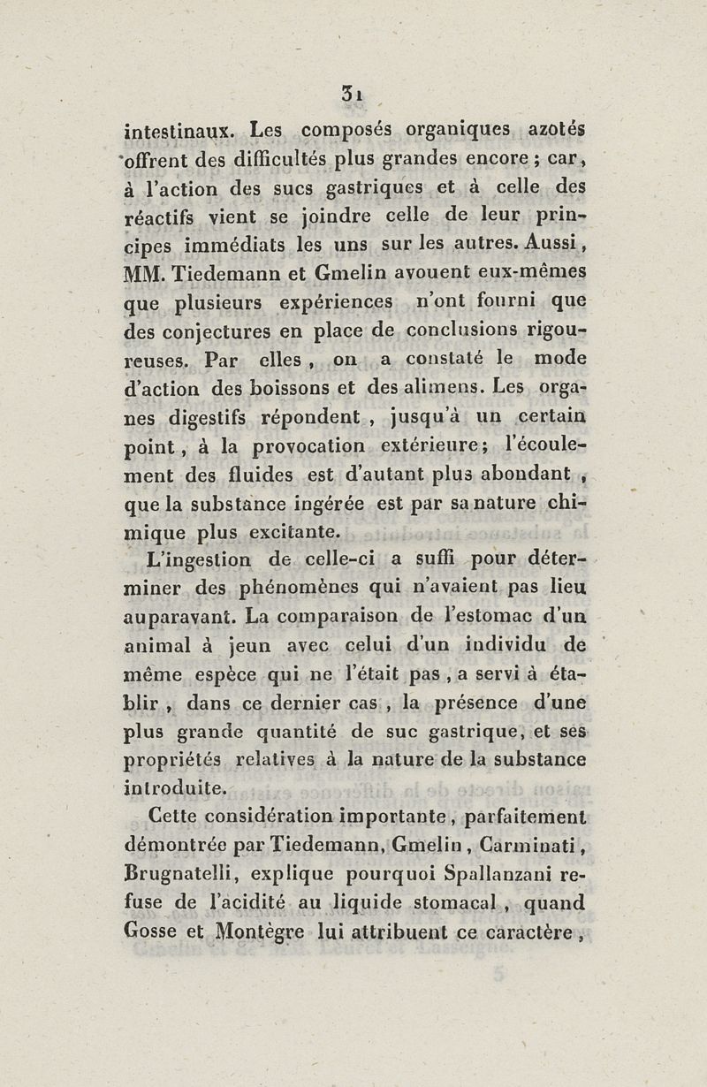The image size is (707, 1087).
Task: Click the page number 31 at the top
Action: pos(354,92)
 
